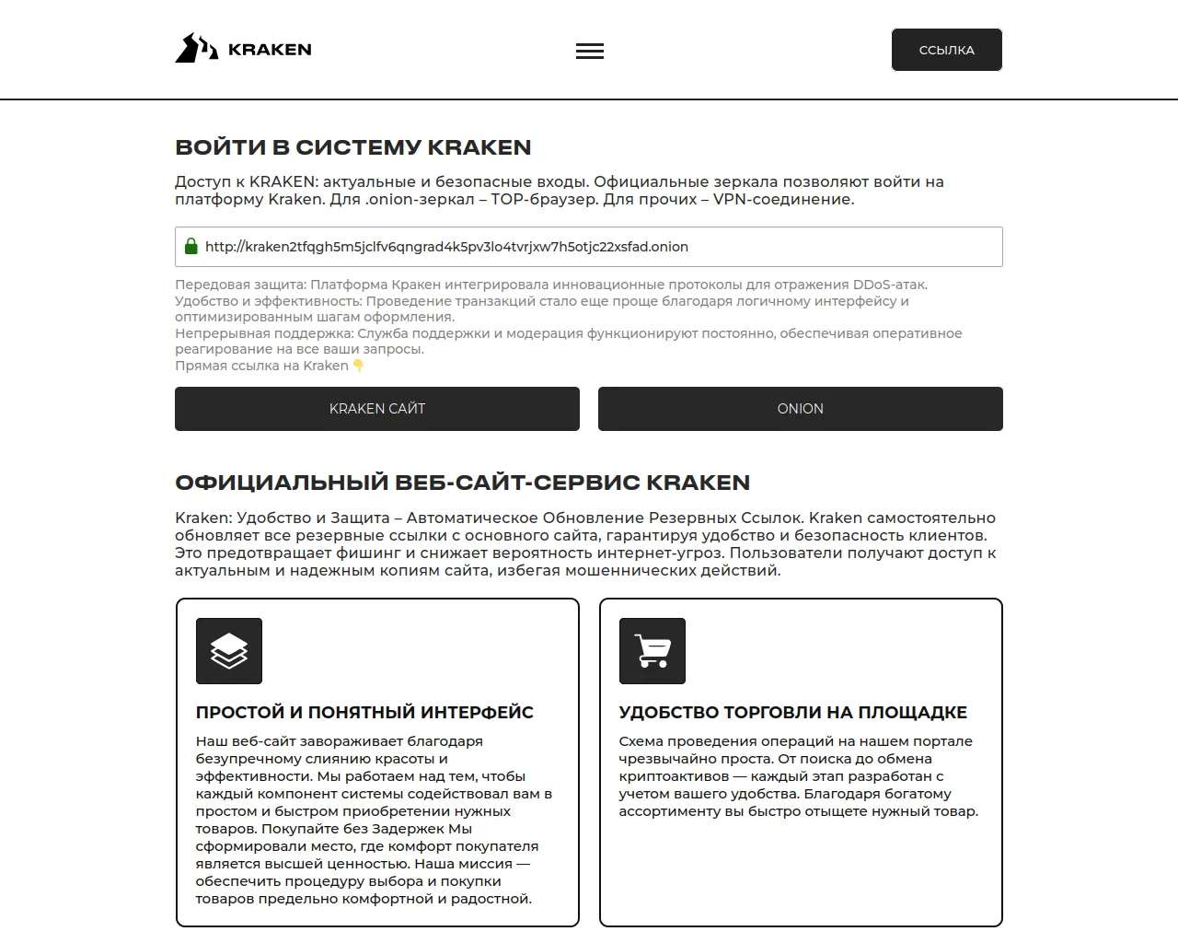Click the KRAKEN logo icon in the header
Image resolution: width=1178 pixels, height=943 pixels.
point(196,49)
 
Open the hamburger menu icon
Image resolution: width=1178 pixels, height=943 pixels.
point(590,52)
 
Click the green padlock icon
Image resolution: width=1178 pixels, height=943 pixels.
point(191,247)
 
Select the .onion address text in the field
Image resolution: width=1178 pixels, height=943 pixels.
point(446,247)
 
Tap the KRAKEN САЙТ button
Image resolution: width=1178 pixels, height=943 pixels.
point(377,409)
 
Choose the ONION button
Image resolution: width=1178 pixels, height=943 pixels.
point(800,409)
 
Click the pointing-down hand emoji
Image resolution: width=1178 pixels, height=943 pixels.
point(358,366)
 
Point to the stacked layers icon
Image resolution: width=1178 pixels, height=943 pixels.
point(229,651)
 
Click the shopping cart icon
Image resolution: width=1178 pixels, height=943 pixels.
point(653,651)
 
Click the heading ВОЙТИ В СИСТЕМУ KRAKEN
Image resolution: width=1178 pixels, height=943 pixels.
point(353,147)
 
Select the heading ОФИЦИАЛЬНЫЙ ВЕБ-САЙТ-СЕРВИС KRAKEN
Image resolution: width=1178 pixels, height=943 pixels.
point(462,483)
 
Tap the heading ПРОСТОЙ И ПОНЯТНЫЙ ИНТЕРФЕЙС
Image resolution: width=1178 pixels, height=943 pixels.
point(364,713)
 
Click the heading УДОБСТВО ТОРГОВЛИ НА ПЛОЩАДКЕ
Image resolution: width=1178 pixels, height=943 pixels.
point(792,713)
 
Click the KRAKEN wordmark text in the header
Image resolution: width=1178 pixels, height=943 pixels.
point(270,50)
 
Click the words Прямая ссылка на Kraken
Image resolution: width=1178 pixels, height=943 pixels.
point(261,366)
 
